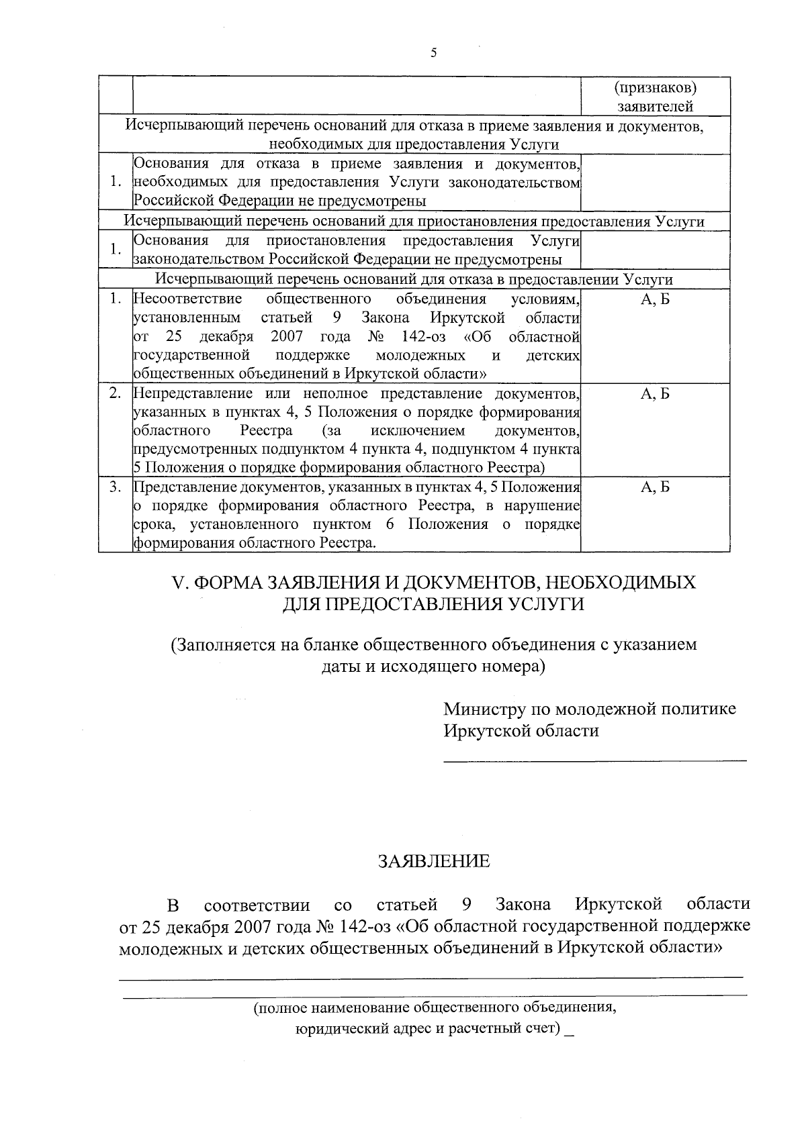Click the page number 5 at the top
coord(433,53)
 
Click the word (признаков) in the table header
coord(655,89)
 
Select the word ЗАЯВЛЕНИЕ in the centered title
coord(434,861)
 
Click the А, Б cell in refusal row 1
coord(655,299)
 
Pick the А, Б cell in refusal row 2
coord(655,394)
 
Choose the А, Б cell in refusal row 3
coord(655,488)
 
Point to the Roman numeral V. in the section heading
coord(179,583)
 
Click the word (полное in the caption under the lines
coord(280,1007)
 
